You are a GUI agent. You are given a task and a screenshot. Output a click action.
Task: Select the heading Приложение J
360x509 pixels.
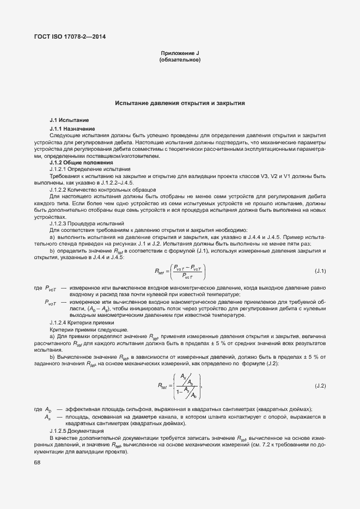point(180,53)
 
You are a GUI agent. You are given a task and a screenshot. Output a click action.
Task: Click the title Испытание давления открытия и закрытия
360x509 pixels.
point(180,102)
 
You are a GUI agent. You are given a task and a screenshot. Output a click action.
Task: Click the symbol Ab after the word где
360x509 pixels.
point(48,409)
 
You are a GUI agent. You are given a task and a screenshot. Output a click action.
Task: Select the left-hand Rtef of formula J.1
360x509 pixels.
point(160,271)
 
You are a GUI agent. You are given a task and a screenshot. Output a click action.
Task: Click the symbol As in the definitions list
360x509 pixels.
point(48,416)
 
